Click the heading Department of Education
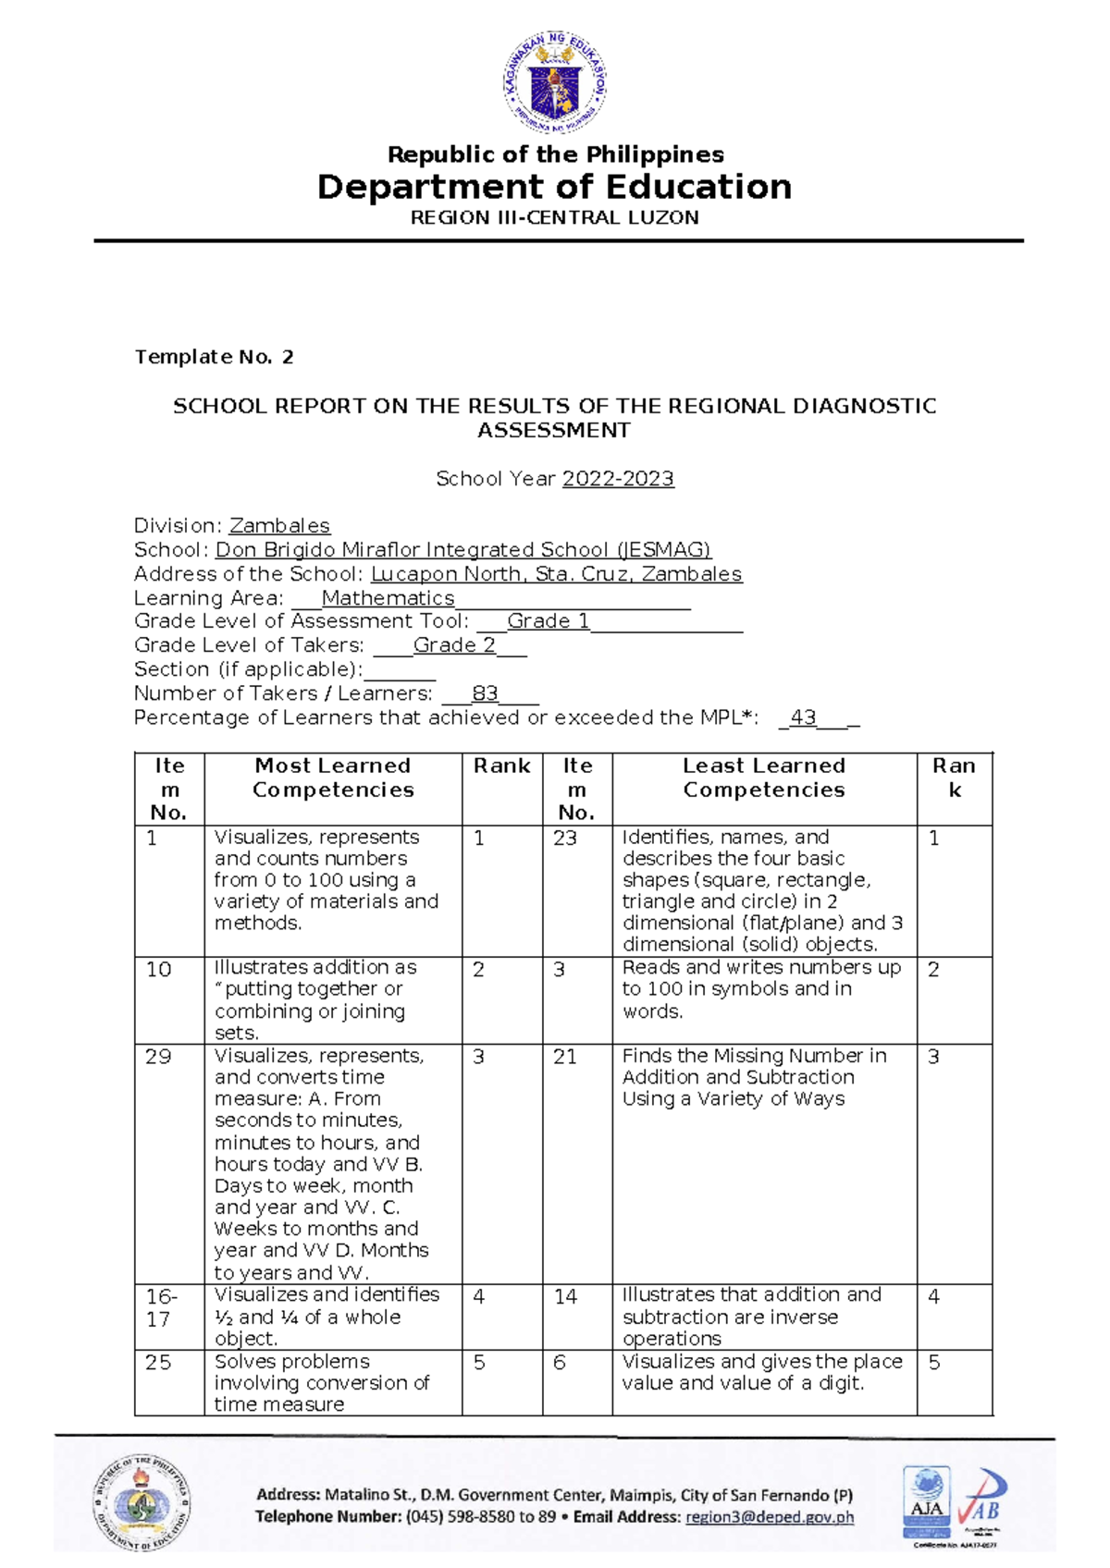click(x=554, y=187)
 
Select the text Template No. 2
click(x=214, y=357)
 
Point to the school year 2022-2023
click(x=618, y=479)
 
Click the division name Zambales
click(x=279, y=526)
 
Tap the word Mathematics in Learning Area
click(x=388, y=598)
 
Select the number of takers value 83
click(x=485, y=693)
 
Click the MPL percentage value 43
click(x=803, y=717)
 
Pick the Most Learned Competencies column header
click(x=333, y=778)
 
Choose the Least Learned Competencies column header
click(x=764, y=778)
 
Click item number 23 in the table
click(x=565, y=839)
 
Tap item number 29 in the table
click(x=158, y=1057)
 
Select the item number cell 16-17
click(x=162, y=1307)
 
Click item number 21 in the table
click(x=565, y=1057)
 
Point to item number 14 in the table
click(x=566, y=1297)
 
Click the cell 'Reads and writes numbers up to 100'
click(x=761, y=989)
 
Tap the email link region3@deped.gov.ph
click(x=770, y=1517)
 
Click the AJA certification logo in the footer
click(x=926, y=1502)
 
